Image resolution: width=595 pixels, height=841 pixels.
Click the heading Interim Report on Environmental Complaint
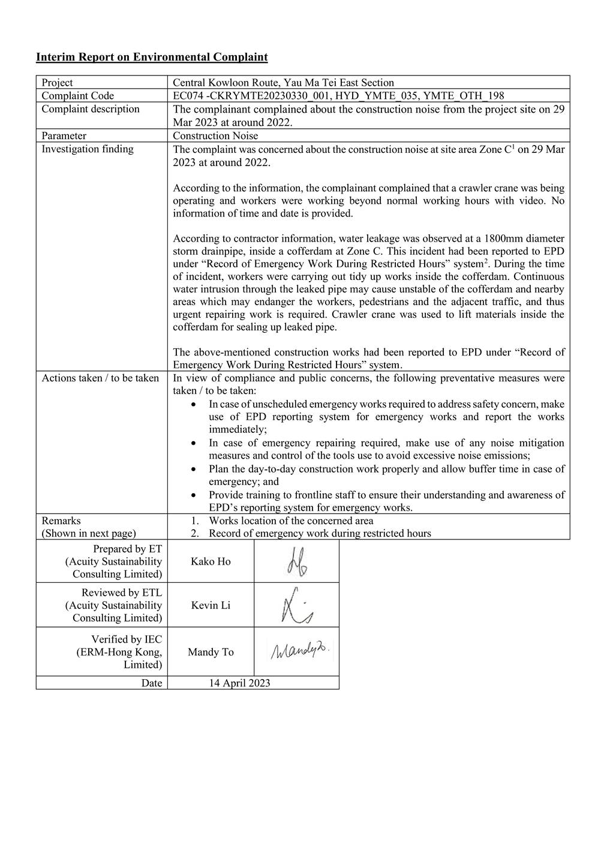coord(152,58)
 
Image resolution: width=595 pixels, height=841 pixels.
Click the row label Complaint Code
coord(77,96)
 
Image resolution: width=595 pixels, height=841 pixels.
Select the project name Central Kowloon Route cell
coord(283,83)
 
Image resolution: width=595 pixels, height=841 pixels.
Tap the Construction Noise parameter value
coord(215,136)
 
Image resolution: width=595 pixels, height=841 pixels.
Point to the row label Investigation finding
coord(88,149)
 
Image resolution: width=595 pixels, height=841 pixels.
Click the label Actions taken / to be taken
coord(100,378)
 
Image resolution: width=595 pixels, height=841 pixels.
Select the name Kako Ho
coord(211,562)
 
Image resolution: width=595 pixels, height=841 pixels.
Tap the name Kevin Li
coord(211,605)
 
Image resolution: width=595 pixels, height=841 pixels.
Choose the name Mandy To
coord(211,652)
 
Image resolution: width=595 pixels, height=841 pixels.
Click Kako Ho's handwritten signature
coord(297,562)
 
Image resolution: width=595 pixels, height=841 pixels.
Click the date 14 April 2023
coord(239,683)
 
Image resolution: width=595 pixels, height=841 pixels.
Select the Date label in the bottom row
coord(152,683)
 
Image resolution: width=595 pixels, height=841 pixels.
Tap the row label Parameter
coord(64,136)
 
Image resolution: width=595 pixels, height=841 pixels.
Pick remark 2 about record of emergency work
coord(319,533)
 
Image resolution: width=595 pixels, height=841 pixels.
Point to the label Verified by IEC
coord(127,640)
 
